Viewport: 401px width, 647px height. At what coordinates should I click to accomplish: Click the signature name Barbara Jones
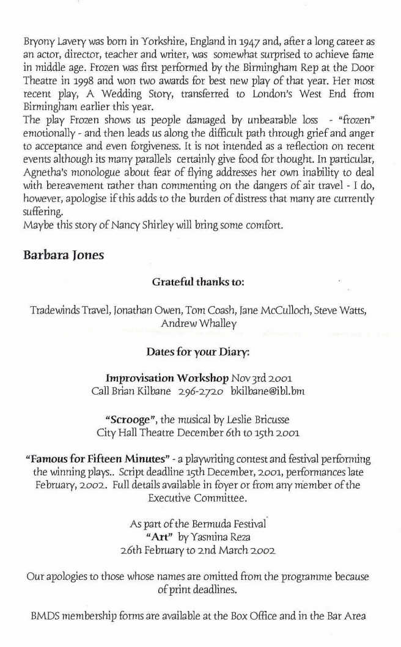[x=64, y=255]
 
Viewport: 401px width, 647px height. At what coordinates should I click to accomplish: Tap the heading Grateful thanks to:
[x=197, y=283]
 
